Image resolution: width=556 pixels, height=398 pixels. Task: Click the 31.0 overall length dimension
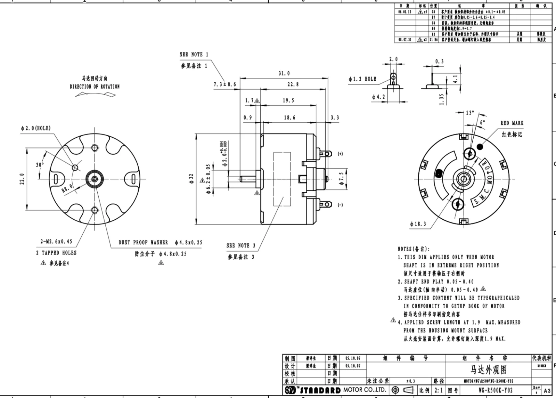coord(284,73)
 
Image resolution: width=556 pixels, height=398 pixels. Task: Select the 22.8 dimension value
coord(293,84)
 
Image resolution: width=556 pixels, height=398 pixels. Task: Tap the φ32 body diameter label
coord(191,178)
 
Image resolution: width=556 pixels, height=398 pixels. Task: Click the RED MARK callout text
coord(512,123)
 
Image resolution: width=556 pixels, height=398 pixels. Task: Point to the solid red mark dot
coord(480,147)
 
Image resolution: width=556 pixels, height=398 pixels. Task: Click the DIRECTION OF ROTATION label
coord(95,87)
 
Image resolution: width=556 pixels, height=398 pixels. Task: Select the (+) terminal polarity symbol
coord(340,154)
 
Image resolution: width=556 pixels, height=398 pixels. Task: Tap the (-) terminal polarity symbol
coord(340,205)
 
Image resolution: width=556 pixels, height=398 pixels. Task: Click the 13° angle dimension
coord(470,113)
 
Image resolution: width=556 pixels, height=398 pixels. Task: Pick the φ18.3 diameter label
coord(418,224)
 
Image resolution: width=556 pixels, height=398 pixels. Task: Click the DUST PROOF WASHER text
coord(143,242)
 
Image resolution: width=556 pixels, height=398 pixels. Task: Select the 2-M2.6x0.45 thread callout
coord(56,241)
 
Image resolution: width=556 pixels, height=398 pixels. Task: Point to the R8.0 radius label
coord(67,188)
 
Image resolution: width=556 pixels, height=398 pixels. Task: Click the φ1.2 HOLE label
coord(362,79)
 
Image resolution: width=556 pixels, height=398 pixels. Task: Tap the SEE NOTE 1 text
coord(194,55)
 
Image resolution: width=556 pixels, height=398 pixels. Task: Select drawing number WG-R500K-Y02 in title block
coord(495,390)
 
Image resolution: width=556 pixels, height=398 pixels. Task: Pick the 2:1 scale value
coord(439,390)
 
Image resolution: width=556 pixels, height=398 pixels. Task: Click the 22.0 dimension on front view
coord(22,179)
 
